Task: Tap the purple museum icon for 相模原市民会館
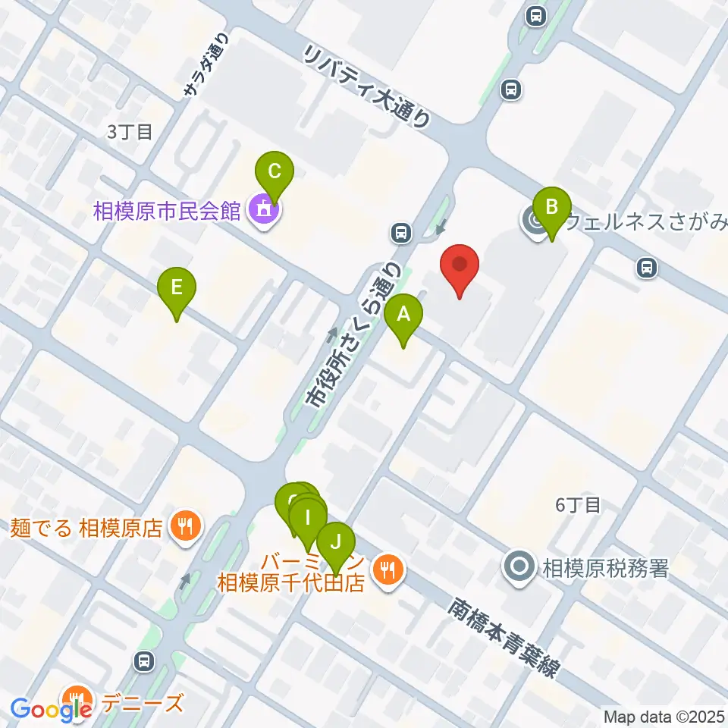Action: click(x=263, y=210)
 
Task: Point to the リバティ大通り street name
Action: click(x=367, y=84)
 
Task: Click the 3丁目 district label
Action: click(x=130, y=132)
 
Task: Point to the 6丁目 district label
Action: click(x=578, y=505)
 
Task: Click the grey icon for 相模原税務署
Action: click(x=519, y=566)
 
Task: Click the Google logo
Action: click(x=51, y=708)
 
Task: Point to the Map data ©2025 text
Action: click(x=662, y=716)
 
